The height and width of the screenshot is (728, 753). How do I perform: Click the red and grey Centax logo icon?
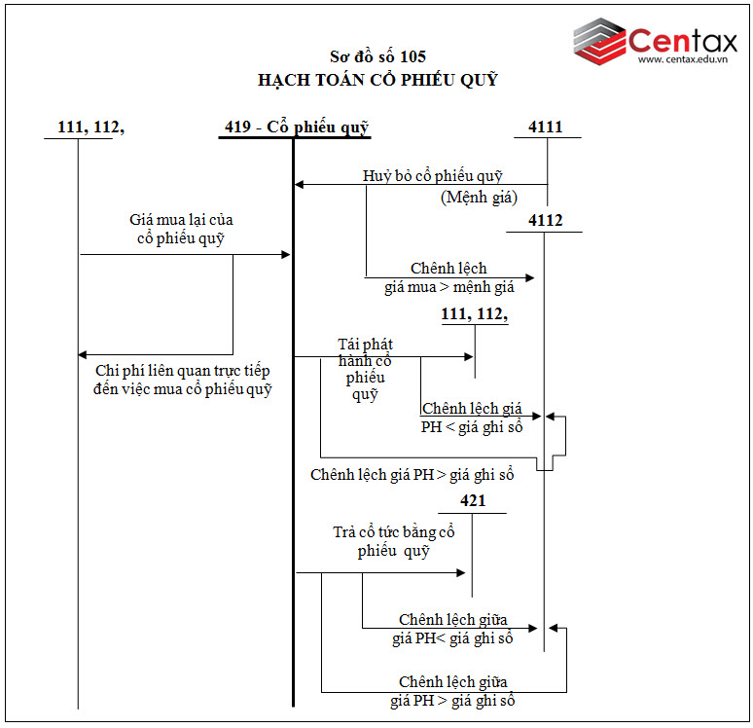pyautogui.click(x=599, y=40)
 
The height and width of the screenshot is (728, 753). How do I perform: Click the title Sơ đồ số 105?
pyautogui.click(x=377, y=56)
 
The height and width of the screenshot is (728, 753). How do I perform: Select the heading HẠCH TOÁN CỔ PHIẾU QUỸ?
pyautogui.click(x=377, y=80)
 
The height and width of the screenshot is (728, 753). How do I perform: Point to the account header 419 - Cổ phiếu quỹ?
pyautogui.click(x=297, y=127)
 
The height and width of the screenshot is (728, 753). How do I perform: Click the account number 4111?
pyautogui.click(x=546, y=127)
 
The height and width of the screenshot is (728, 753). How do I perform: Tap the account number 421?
pyautogui.click(x=473, y=501)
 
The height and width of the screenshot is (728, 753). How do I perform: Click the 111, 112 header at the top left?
pyautogui.click(x=91, y=127)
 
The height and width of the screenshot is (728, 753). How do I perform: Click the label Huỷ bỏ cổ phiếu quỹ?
pyautogui.click(x=433, y=176)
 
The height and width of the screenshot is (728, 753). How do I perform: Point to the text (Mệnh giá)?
pyautogui.click(x=479, y=198)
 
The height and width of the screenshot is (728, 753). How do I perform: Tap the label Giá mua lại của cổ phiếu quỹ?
pyautogui.click(x=181, y=230)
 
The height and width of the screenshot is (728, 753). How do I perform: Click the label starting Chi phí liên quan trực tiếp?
pyautogui.click(x=183, y=381)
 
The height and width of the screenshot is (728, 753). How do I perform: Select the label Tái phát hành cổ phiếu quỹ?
pyautogui.click(x=365, y=370)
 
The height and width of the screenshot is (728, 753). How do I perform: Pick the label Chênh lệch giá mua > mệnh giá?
pyautogui.click(x=448, y=277)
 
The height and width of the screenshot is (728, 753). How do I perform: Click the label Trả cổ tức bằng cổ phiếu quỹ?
pyautogui.click(x=393, y=541)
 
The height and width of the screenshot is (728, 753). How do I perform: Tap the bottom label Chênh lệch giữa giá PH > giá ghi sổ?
pyautogui.click(x=452, y=691)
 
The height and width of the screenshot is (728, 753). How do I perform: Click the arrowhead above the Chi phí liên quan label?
pyautogui.click(x=84, y=354)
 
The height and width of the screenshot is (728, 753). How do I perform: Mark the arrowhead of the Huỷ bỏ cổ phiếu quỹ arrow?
pyautogui.click(x=300, y=184)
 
